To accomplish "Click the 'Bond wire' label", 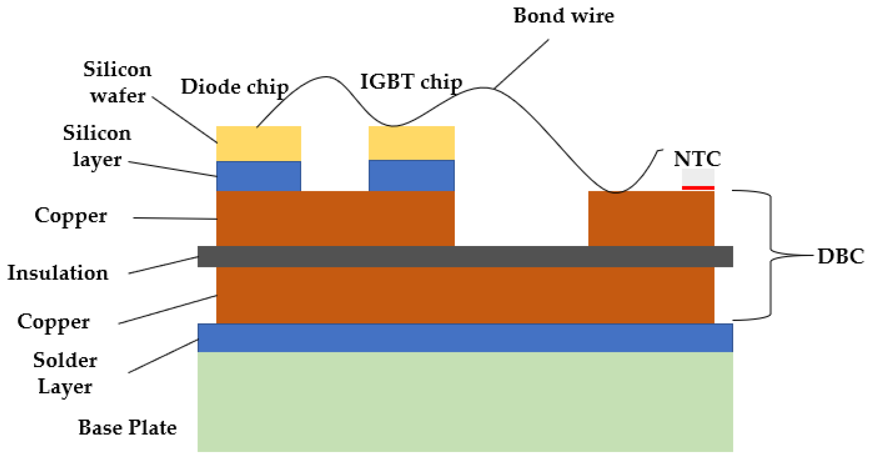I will coord(563,16).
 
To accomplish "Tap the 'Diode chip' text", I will coord(234,87).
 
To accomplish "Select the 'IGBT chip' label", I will coord(411,82).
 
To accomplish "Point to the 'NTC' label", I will coord(697,159).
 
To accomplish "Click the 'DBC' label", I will coord(840,257).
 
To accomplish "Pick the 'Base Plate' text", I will coord(127,428).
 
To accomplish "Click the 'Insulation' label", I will coord(58,273).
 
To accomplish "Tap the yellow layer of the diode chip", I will coord(258,143).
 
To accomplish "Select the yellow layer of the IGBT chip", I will coord(411,143).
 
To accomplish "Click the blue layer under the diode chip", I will coord(258,176).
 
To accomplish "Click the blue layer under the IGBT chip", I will coord(411,175).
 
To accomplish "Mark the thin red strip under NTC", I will coord(698,188).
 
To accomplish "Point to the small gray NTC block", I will coord(698,177).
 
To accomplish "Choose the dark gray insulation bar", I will coord(465,257).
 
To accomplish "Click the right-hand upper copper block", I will coord(651,219).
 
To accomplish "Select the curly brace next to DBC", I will coord(770,255).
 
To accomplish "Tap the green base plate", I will coord(465,402).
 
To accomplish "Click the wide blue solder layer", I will coord(465,338).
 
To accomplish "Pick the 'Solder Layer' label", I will coord(65,373).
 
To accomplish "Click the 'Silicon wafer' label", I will coord(117,83).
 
